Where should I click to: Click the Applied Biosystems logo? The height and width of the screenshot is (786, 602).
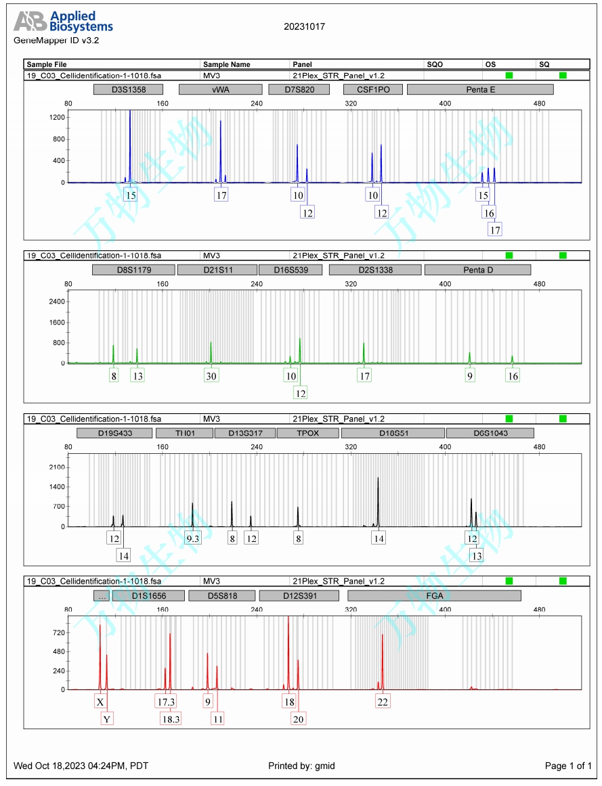tap(64, 22)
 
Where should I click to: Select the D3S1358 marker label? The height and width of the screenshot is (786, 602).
tap(129, 89)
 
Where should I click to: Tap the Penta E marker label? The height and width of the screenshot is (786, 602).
tap(480, 89)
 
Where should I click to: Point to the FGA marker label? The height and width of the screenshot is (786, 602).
tap(434, 596)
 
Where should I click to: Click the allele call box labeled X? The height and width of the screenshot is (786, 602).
tap(100, 701)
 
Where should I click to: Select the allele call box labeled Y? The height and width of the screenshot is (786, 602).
tap(107, 719)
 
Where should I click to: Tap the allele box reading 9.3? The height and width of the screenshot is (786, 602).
tap(193, 538)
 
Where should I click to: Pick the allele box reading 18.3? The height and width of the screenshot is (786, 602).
tap(171, 719)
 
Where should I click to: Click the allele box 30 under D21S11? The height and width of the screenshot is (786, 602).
tap(211, 375)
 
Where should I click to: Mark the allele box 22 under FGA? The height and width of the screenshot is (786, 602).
tap(383, 701)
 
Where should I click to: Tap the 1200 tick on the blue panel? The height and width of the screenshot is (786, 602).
tap(56, 118)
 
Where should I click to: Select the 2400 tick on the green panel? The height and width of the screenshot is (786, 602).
tap(56, 301)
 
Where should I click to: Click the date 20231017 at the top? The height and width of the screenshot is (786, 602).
tap(305, 27)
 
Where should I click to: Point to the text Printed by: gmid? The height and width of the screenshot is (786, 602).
tap(301, 766)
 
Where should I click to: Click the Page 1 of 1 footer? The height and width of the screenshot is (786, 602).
tap(568, 766)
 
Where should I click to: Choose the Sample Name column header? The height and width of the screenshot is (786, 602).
tap(227, 64)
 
